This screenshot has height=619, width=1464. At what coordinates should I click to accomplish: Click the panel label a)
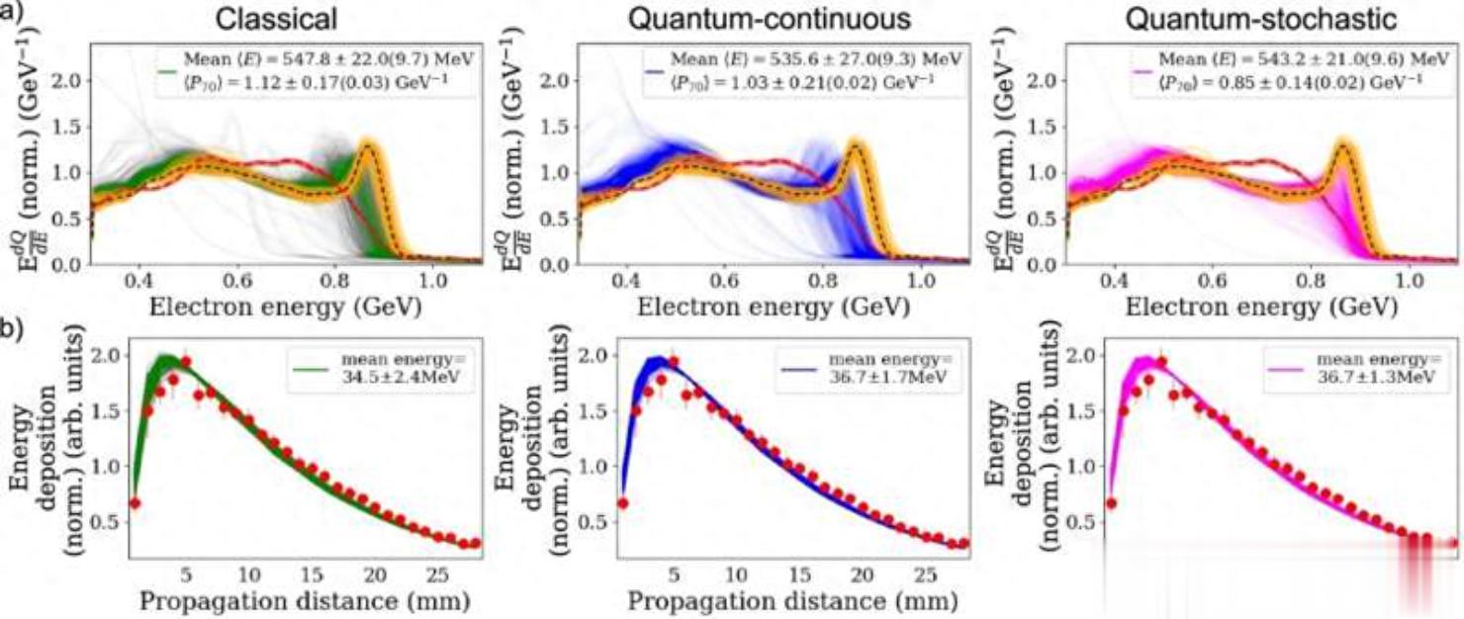(x=13, y=15)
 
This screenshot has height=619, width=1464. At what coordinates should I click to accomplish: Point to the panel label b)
(x=13, y=327)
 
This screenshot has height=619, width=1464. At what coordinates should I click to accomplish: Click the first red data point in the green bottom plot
(x=136, y=502)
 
